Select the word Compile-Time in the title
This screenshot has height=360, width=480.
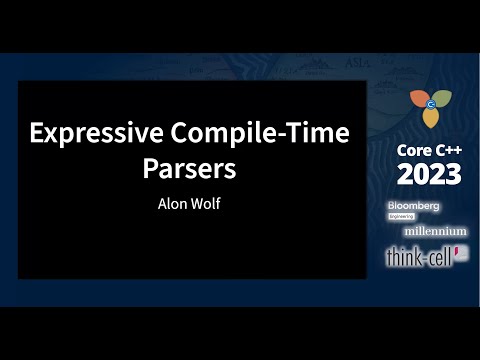(254, 133)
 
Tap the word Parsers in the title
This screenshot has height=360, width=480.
(189, 167)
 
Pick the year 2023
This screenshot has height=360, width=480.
(429, 174)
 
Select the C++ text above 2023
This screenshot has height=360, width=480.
(447, 149)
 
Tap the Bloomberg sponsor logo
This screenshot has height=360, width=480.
(413, 206)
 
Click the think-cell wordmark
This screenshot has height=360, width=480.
(418, 257)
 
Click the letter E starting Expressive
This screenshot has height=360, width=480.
(36, 133)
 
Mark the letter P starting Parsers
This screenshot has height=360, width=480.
(151, 167)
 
